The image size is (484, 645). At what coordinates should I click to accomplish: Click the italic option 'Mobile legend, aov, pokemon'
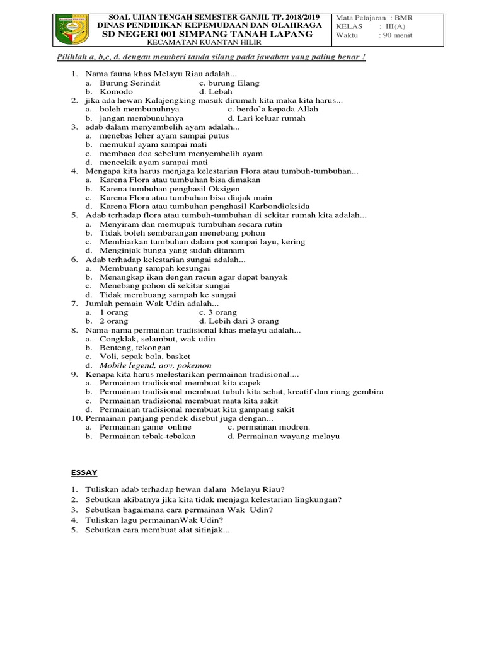click(x=156, y=365)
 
